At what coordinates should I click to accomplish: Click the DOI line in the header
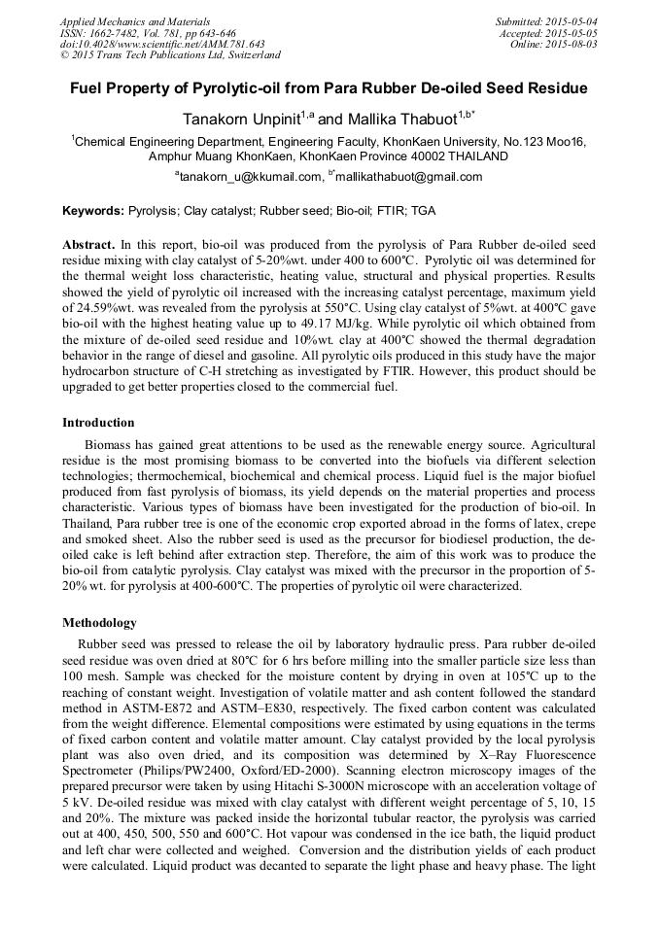coord(162,45)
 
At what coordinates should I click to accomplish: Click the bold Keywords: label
coord(93,211)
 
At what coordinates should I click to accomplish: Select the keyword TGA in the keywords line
coord(423,211)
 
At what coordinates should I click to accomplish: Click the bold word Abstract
coord(88,245)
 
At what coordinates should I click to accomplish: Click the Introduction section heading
coord(98,423)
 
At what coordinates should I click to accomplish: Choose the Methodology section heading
coord(99,623)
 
